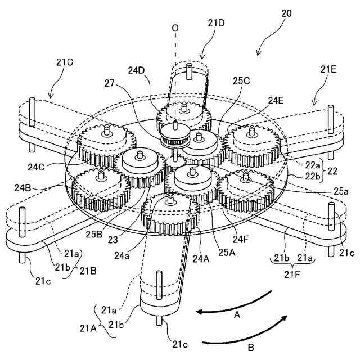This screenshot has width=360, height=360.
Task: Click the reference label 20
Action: [286, 12]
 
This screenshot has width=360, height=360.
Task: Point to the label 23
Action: [115, 238]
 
